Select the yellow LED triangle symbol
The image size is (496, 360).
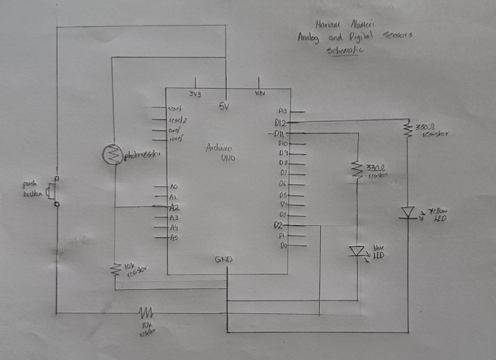(x=407, y=212)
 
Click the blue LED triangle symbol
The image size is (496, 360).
(x=358, y=250)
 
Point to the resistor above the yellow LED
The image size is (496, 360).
(x=407, y=130)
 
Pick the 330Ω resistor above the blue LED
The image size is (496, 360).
(x=358, y=170)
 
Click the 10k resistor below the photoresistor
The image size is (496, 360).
(x=115, y=269)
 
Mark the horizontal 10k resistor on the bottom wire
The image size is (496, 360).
(x=146, y=312)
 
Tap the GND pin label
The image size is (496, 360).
(x=223, y=259)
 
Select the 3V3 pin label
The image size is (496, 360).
(x=195, y=94)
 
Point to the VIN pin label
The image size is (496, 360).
(x=259, y=93)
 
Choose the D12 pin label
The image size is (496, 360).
(x=281, y=123)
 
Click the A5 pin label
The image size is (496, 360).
(x=174, y=237)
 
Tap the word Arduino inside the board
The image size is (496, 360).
(x=218, y=148)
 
